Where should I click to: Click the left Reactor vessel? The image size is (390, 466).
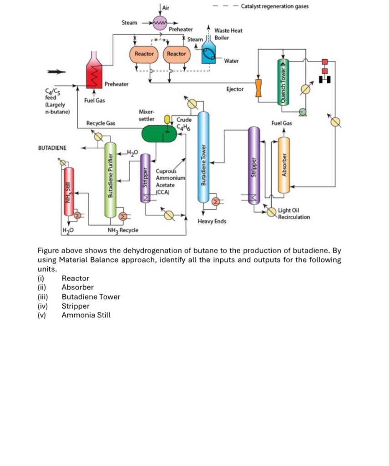144,54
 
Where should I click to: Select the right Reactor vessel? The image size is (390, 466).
176,54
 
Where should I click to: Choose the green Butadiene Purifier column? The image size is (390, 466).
110,180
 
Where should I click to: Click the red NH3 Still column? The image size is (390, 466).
69,191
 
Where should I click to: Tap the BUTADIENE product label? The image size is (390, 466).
52,148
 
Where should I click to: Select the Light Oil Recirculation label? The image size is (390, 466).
294,214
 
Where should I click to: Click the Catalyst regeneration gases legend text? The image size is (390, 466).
274,6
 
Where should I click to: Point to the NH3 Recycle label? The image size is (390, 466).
123,230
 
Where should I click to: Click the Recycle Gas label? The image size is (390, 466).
101,123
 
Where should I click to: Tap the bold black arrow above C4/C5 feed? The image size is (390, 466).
54,71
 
